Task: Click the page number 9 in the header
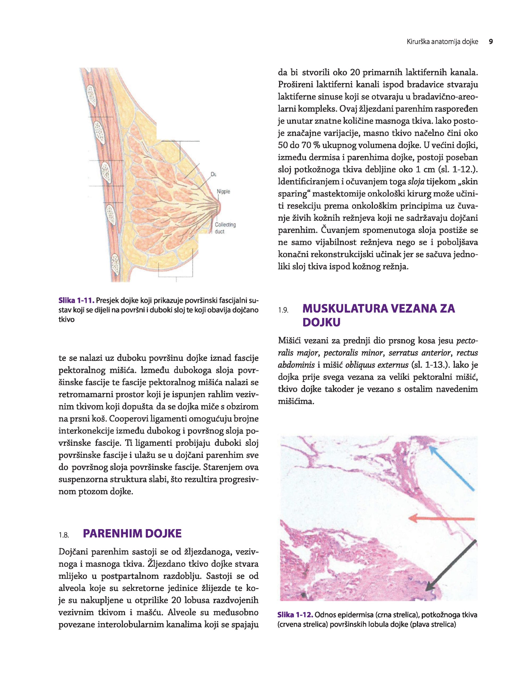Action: [x=491, y=42]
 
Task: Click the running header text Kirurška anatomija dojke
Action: [x=442, y=42]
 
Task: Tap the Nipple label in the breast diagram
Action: [x=223, y=192]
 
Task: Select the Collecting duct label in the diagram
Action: [x=225, y=228]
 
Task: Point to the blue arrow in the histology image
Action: [x=452, y=468]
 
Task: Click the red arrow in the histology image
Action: [x=442, y=518]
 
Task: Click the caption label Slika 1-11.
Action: [x=76, y=300]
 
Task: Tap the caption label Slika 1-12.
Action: [x=295, y=615]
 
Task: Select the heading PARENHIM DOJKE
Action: [x=132, y=533]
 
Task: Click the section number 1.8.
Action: [x=64, y=535]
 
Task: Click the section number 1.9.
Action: [x=283, y=310]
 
